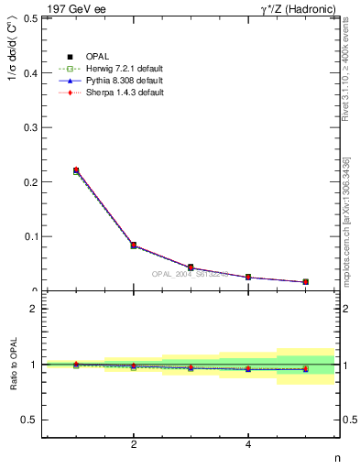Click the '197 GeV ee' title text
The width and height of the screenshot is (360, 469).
pos(74,8)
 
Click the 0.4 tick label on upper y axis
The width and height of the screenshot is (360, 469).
pos(29,72)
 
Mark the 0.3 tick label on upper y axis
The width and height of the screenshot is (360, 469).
pos(29,127)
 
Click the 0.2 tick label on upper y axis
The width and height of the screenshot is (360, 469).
pos(29,182)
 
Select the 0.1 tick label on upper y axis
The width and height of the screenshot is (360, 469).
pos(29,236)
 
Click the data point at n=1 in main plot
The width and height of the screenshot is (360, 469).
pos(76,170)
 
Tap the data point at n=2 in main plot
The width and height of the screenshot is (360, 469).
pos(134,245)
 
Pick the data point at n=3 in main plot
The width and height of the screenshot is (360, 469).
pos(191,267)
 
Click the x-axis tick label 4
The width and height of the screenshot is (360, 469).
pos(248,445)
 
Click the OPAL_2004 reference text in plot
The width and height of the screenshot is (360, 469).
pos(190,274)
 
